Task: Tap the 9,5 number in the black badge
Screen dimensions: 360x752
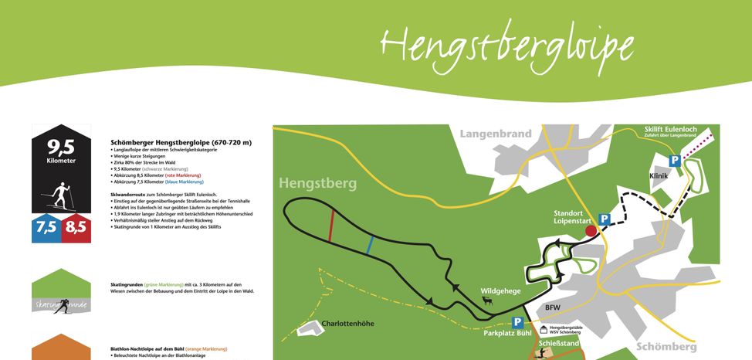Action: [61, 147]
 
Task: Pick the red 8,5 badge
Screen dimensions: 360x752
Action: [76, 228]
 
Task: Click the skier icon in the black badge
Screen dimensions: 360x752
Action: [61, 194]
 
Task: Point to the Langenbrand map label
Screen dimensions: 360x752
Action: [496, 134]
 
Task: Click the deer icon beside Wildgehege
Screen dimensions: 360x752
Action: [488, 301]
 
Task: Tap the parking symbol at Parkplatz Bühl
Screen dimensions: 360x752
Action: [517, 322]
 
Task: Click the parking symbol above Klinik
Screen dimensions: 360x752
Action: [674, 161]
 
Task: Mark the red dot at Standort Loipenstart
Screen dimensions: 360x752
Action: [591, 230]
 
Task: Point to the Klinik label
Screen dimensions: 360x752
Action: [659, 176]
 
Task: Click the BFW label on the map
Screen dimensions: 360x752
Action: [552, 308]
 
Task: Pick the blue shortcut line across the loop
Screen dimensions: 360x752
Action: [371, 246]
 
